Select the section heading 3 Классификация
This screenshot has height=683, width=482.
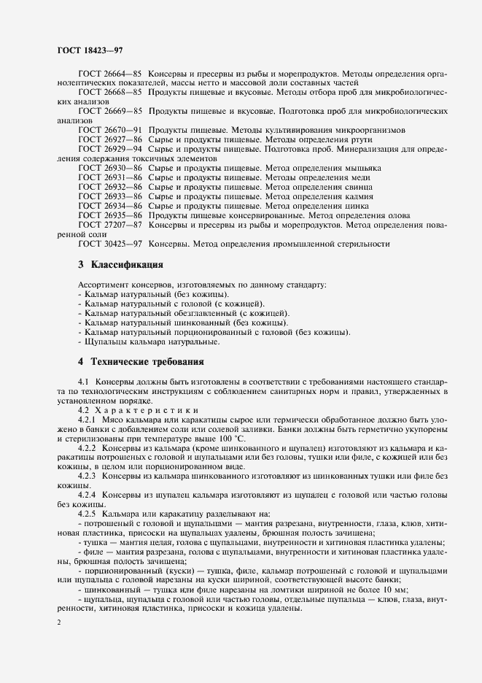120,263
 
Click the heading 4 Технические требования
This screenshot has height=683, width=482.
141,361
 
